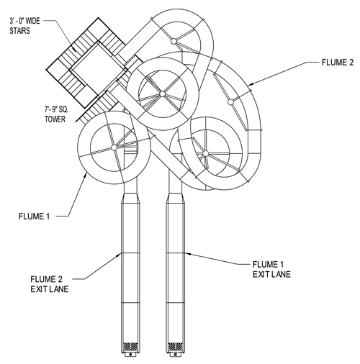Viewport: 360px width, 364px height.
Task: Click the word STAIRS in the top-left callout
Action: tap(20, 31)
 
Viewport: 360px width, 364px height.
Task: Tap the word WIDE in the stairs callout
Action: tap(32, 21)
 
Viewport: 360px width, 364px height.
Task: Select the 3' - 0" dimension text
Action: tap(17, 21)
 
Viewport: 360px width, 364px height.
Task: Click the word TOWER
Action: tap(55, 119)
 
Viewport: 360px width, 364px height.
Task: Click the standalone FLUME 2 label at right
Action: tap(338, 63)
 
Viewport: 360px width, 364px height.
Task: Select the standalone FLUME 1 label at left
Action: tap(35, 217)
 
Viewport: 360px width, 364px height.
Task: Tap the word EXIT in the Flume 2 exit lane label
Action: tap(37, 289)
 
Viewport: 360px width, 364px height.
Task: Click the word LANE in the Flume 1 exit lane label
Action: tap(281, 274)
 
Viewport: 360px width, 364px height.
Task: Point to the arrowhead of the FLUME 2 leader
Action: tap(249, 85)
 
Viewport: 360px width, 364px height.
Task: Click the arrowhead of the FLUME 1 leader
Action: tap(85, 175)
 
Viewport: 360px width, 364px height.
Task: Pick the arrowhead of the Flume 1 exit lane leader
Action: tap(187, 253)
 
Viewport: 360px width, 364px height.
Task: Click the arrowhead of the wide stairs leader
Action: tap(75, 50)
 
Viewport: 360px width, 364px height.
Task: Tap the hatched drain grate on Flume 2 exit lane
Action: tap(130, 347)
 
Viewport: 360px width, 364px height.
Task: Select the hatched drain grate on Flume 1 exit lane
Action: tap(176, 347)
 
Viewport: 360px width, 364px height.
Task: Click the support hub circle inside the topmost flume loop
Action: tap(174, 41)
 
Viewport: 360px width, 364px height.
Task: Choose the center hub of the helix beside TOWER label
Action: tap(114, 147)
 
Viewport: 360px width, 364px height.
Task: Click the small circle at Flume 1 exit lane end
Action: tap(176, 354)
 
